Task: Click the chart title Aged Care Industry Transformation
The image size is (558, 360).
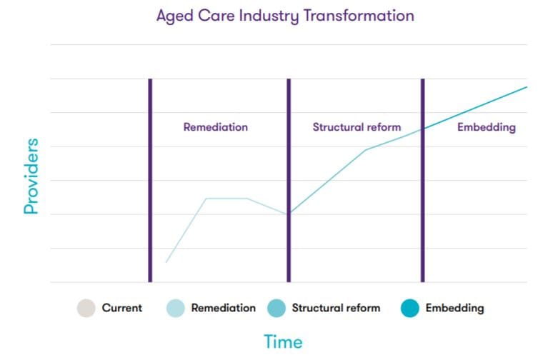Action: tap(285, 16)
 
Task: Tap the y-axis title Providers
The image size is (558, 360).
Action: tap(31, 177)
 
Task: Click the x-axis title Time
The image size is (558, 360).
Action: tap(283, 342)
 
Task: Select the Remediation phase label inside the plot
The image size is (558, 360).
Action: tap(215, 127)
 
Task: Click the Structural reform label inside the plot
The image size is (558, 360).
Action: tap(357, 127)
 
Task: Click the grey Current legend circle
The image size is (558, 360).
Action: tap(86, 309)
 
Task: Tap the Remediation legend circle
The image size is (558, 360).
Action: tap(175, 309)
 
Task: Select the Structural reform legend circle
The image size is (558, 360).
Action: tap(276, 309)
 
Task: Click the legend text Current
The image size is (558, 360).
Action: tap(122, 309)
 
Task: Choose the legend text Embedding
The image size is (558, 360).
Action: tap(454, 309)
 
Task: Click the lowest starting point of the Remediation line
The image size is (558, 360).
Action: tap(166, 262)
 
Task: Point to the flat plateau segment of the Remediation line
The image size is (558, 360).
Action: tap(226, 199)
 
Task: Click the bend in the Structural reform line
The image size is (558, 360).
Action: tap(366, 150)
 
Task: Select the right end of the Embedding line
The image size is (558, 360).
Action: tap(526, 87)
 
